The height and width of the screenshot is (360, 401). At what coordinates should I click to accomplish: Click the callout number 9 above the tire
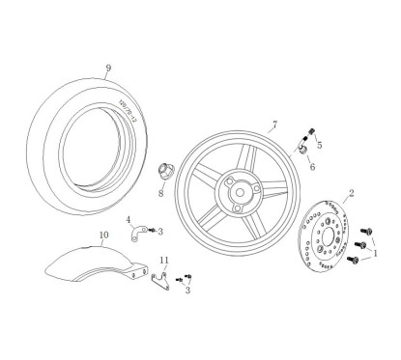tap(108, 68)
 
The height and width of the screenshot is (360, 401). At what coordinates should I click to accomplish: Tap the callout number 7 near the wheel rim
tap(274, 125)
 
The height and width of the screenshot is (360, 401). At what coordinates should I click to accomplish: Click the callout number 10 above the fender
tap(103, 235)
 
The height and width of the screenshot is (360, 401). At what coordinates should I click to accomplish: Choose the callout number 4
tap(129, 219)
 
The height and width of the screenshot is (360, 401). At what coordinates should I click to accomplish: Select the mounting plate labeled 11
tap(162, 280)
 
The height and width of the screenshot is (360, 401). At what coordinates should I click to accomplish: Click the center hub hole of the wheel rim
tap(233, 189)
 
